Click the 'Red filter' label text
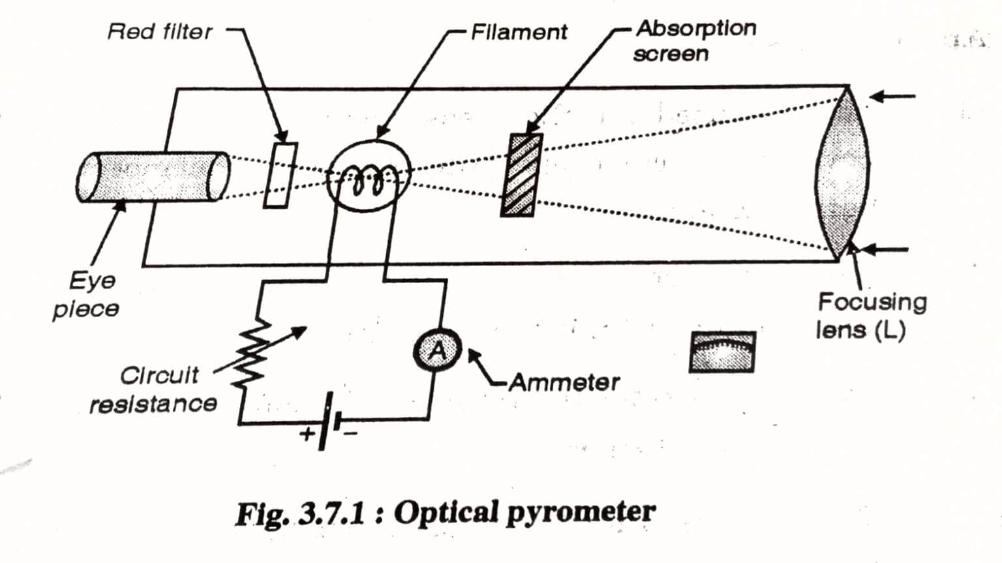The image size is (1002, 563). pos(160,31)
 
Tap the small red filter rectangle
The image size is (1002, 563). pos(281,175)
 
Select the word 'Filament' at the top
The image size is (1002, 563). pos(519,32)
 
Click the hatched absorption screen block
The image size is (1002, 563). pos(521,175)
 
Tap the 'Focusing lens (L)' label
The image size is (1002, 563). pos(871,316)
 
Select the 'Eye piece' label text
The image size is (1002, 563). pos(87,294)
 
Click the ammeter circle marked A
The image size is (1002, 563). pos(437,351)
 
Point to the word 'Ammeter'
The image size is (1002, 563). pos(564,382)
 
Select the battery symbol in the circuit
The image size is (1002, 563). pos(328,421)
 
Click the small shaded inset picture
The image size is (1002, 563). pos(722,352)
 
